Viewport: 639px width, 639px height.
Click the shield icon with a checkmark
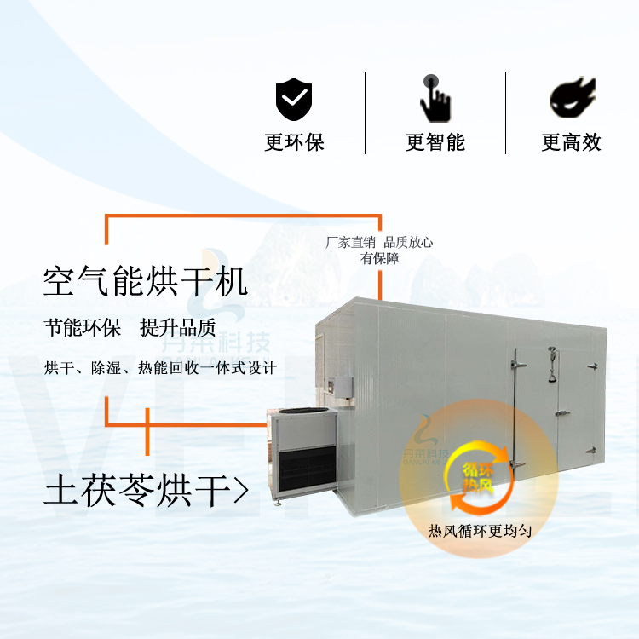click(x=293, y=99)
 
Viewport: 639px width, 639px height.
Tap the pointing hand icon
click(x=435, y=98)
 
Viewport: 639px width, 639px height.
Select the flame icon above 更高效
click(x=573, y=97)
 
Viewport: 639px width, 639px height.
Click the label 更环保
click(x=294, y=142)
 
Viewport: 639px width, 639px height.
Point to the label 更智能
click(x=435, y=142)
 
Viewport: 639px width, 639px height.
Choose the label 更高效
click(x=572, y=142)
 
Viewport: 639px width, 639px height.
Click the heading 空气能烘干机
click(x=146, y=281)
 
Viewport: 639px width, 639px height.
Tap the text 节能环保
click(x=83, y=328)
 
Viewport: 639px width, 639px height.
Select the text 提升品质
click(x=178, y=328)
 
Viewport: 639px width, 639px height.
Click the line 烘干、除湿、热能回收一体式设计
click(x=160, y=368)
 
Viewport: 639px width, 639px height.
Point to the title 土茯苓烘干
click(x=137, y=490)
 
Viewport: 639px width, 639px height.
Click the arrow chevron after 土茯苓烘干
click(x=241, y=490)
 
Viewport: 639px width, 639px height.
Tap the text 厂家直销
click(x=350, y=243)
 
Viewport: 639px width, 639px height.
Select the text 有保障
click(x=380, y=258)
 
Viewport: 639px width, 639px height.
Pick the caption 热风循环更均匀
click(x=480, y=531)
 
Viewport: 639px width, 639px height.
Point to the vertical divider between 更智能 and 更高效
click(x=506, y=113)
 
